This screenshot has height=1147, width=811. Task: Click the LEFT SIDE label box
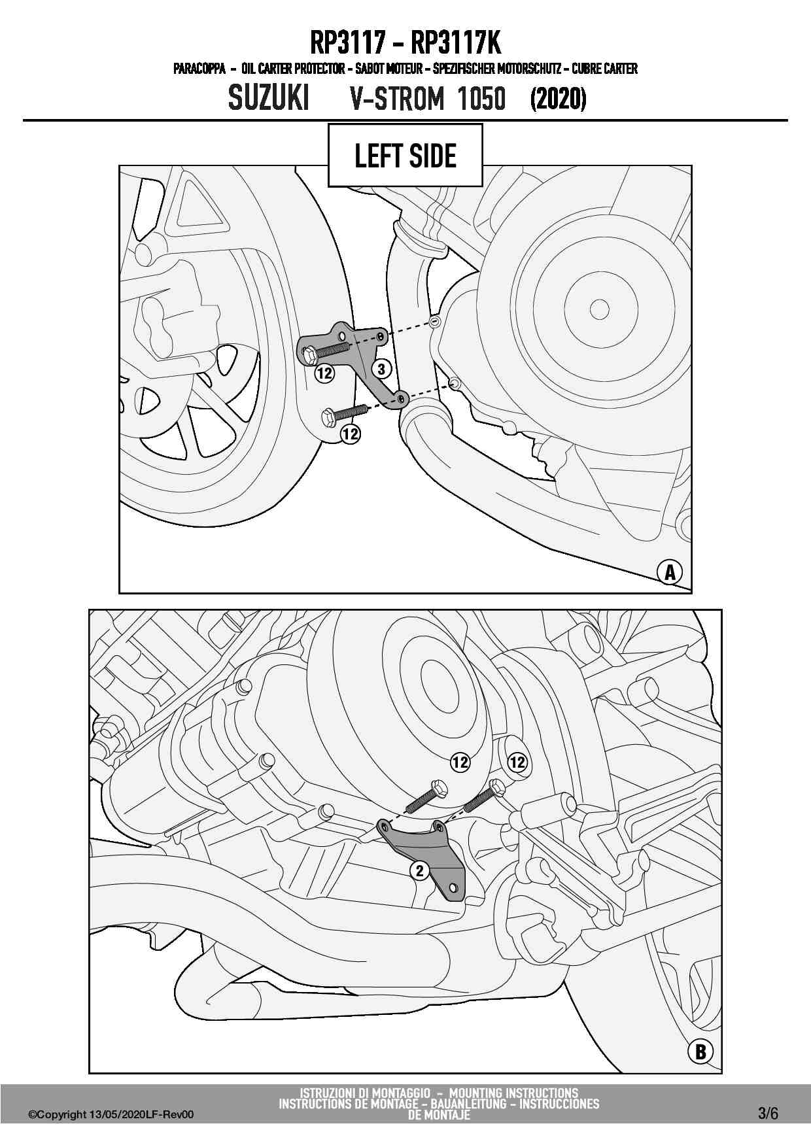405,156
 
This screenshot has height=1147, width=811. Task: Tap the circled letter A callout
670,572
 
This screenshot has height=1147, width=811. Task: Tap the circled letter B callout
700,1052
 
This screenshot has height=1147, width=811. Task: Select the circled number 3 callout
382,369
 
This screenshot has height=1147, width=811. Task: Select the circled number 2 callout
420,870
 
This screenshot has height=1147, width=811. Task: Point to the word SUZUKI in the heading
269,99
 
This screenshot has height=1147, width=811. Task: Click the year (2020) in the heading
558,99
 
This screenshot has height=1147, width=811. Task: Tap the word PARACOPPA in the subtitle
199,69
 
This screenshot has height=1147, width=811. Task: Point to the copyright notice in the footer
111,1115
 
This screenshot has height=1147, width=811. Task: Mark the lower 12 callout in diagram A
351,434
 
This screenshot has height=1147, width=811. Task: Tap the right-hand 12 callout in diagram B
517,762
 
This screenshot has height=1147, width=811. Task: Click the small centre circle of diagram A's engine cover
599,309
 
